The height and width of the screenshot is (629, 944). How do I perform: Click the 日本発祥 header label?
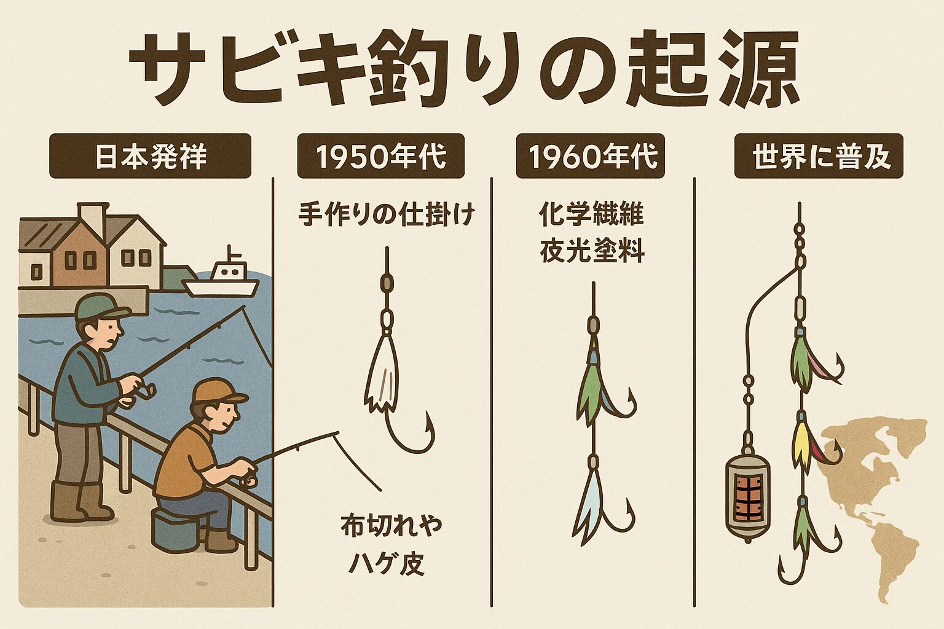pyautogui.click(x=151, y=156)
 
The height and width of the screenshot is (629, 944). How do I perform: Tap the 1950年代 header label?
pyautogui.click(x=381, y=156)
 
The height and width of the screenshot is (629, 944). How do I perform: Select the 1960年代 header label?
pyautogui.click(x=591, y=156)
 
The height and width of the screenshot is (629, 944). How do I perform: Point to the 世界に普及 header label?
pyautogui.click(x=819, y=156)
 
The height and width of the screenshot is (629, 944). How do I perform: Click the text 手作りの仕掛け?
pyautogui.click(x=387, y=215)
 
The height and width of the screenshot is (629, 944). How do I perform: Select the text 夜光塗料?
pyautogui.click(x=592, y=251)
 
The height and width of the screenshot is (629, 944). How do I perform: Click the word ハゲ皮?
pyautogui.click(x=387, y=565)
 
